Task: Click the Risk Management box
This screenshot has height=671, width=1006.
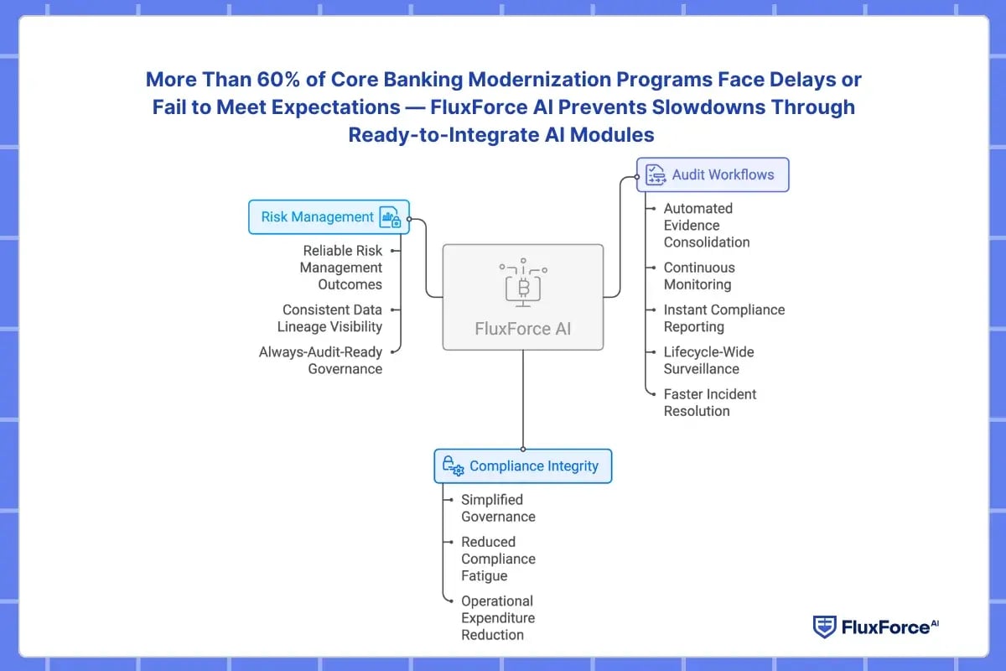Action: click(329, 216)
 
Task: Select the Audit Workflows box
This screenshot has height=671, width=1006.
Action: click(713, 174)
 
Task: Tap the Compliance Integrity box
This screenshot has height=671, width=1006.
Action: click(522, 466)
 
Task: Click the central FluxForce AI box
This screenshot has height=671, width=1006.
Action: click(522, 297)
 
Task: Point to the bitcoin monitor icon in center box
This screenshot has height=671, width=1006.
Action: click(523, 285)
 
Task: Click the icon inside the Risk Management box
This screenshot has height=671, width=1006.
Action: click(389, 217)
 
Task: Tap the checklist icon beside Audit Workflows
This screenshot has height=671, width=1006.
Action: click(656, 174)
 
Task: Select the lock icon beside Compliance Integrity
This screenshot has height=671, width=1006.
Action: click(453, 466)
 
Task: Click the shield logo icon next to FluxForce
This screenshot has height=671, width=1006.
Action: click(825, 627)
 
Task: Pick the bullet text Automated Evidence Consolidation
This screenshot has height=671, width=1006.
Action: click(707, 225)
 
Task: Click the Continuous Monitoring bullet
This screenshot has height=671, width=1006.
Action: click(699, 276)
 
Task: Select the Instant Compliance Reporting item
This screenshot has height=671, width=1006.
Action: click(724, 318)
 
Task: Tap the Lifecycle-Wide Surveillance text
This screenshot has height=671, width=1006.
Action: click(709, 360)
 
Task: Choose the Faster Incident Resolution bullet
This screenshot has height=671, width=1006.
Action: click(710, 403)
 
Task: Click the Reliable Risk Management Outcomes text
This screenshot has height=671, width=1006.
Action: click(342, 267)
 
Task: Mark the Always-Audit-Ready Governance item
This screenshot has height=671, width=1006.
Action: click(320, 360)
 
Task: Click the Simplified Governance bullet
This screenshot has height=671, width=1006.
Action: click(498, 507)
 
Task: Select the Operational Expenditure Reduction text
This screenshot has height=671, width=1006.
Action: click(497, 617)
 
